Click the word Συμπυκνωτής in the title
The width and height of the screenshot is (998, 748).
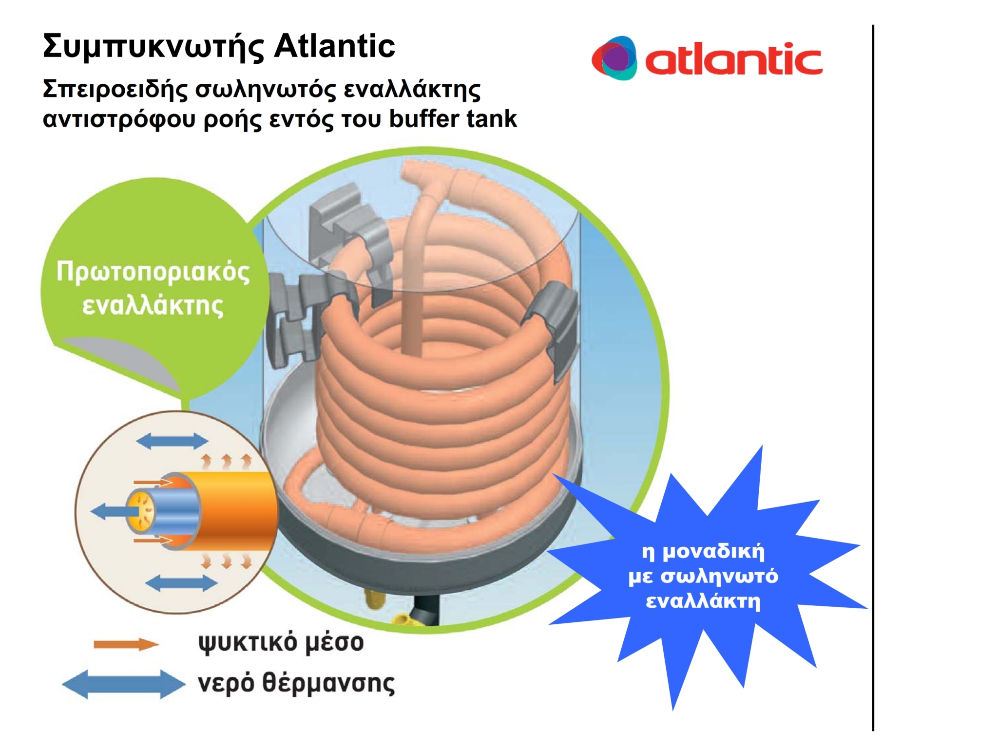pos(153,47)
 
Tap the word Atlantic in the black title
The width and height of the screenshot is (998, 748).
pos(334,46)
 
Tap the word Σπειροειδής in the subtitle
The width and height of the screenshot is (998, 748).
pos(115,90)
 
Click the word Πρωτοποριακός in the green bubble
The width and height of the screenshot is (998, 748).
pos(153,272)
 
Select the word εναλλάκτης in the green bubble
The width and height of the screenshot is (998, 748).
pos(153,306)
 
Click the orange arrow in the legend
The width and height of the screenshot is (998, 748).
pos(126,644)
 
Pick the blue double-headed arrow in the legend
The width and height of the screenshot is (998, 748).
pos(124,684)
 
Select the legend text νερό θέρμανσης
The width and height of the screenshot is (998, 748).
pos(296,683)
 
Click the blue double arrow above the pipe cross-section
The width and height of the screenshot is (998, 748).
pos(172,441)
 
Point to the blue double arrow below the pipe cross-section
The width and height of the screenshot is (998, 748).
pos(181,583)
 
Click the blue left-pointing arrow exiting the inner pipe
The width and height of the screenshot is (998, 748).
pos(110,512)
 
